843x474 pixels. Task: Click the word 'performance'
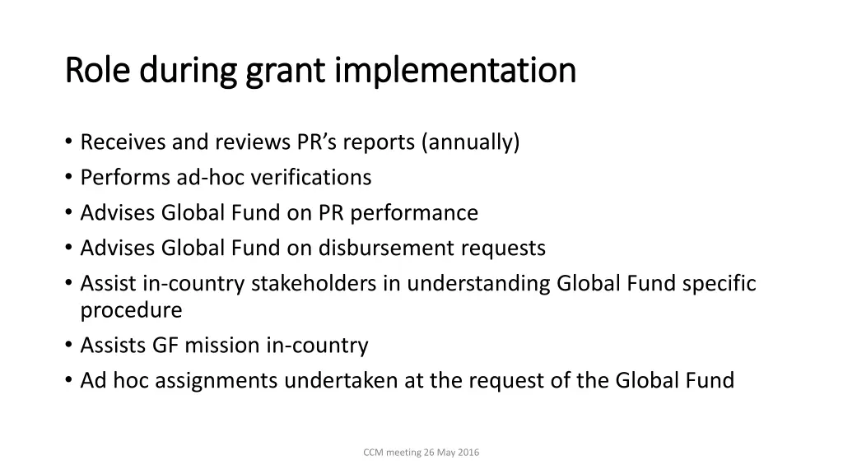coord(416,213)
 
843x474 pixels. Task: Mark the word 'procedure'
coord(131,311)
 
